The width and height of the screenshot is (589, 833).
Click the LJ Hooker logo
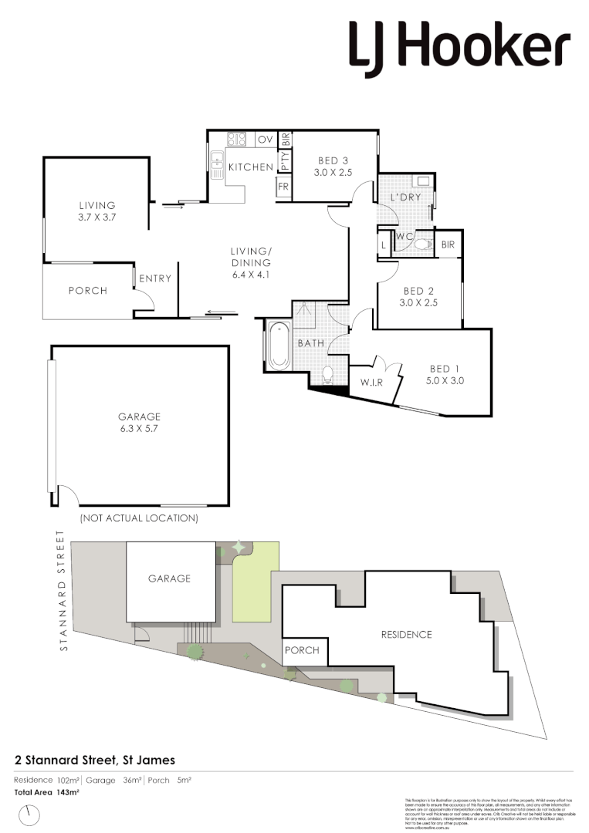coord(459,48)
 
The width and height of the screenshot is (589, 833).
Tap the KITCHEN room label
coord(250,167)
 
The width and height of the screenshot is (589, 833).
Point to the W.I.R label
coord(366,382)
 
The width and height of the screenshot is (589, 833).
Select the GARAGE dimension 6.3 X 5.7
coord(140,428)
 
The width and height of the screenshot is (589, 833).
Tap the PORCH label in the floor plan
coord(88,291)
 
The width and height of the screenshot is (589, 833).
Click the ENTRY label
coord(155,278)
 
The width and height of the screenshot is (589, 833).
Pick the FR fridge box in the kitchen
coord(283,187)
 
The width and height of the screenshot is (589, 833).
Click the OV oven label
coord(265,140)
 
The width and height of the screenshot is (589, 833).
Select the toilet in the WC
coord(420,244)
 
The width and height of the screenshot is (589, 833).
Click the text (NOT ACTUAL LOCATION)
coord(139,518)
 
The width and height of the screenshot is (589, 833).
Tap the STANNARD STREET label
coord(64,591)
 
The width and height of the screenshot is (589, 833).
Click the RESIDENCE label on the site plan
coord(406,635)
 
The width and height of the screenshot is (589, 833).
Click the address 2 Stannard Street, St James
coord(95,760)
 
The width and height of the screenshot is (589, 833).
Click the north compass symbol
coord(31,814)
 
